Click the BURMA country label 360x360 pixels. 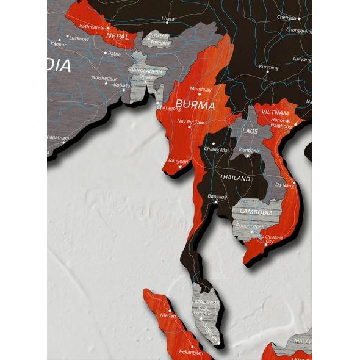(195, 105)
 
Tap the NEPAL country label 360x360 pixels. (117, 36)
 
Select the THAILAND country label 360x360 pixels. (235, 178)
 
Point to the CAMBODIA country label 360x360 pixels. (256, 212)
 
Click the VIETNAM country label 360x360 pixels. (275, 113)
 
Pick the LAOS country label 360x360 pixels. (250, 131)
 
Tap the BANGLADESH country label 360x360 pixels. (146, 71)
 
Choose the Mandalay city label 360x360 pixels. (201, 89)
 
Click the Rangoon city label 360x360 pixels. (178, 161)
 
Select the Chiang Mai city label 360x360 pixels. (216, 149)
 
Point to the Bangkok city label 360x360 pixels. (217, 196)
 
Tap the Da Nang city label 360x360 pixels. (284, 185)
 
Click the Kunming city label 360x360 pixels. (268, 67)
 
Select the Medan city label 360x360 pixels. (167, 315)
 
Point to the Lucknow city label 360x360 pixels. (79, 38)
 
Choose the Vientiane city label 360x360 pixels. (250, 149)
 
